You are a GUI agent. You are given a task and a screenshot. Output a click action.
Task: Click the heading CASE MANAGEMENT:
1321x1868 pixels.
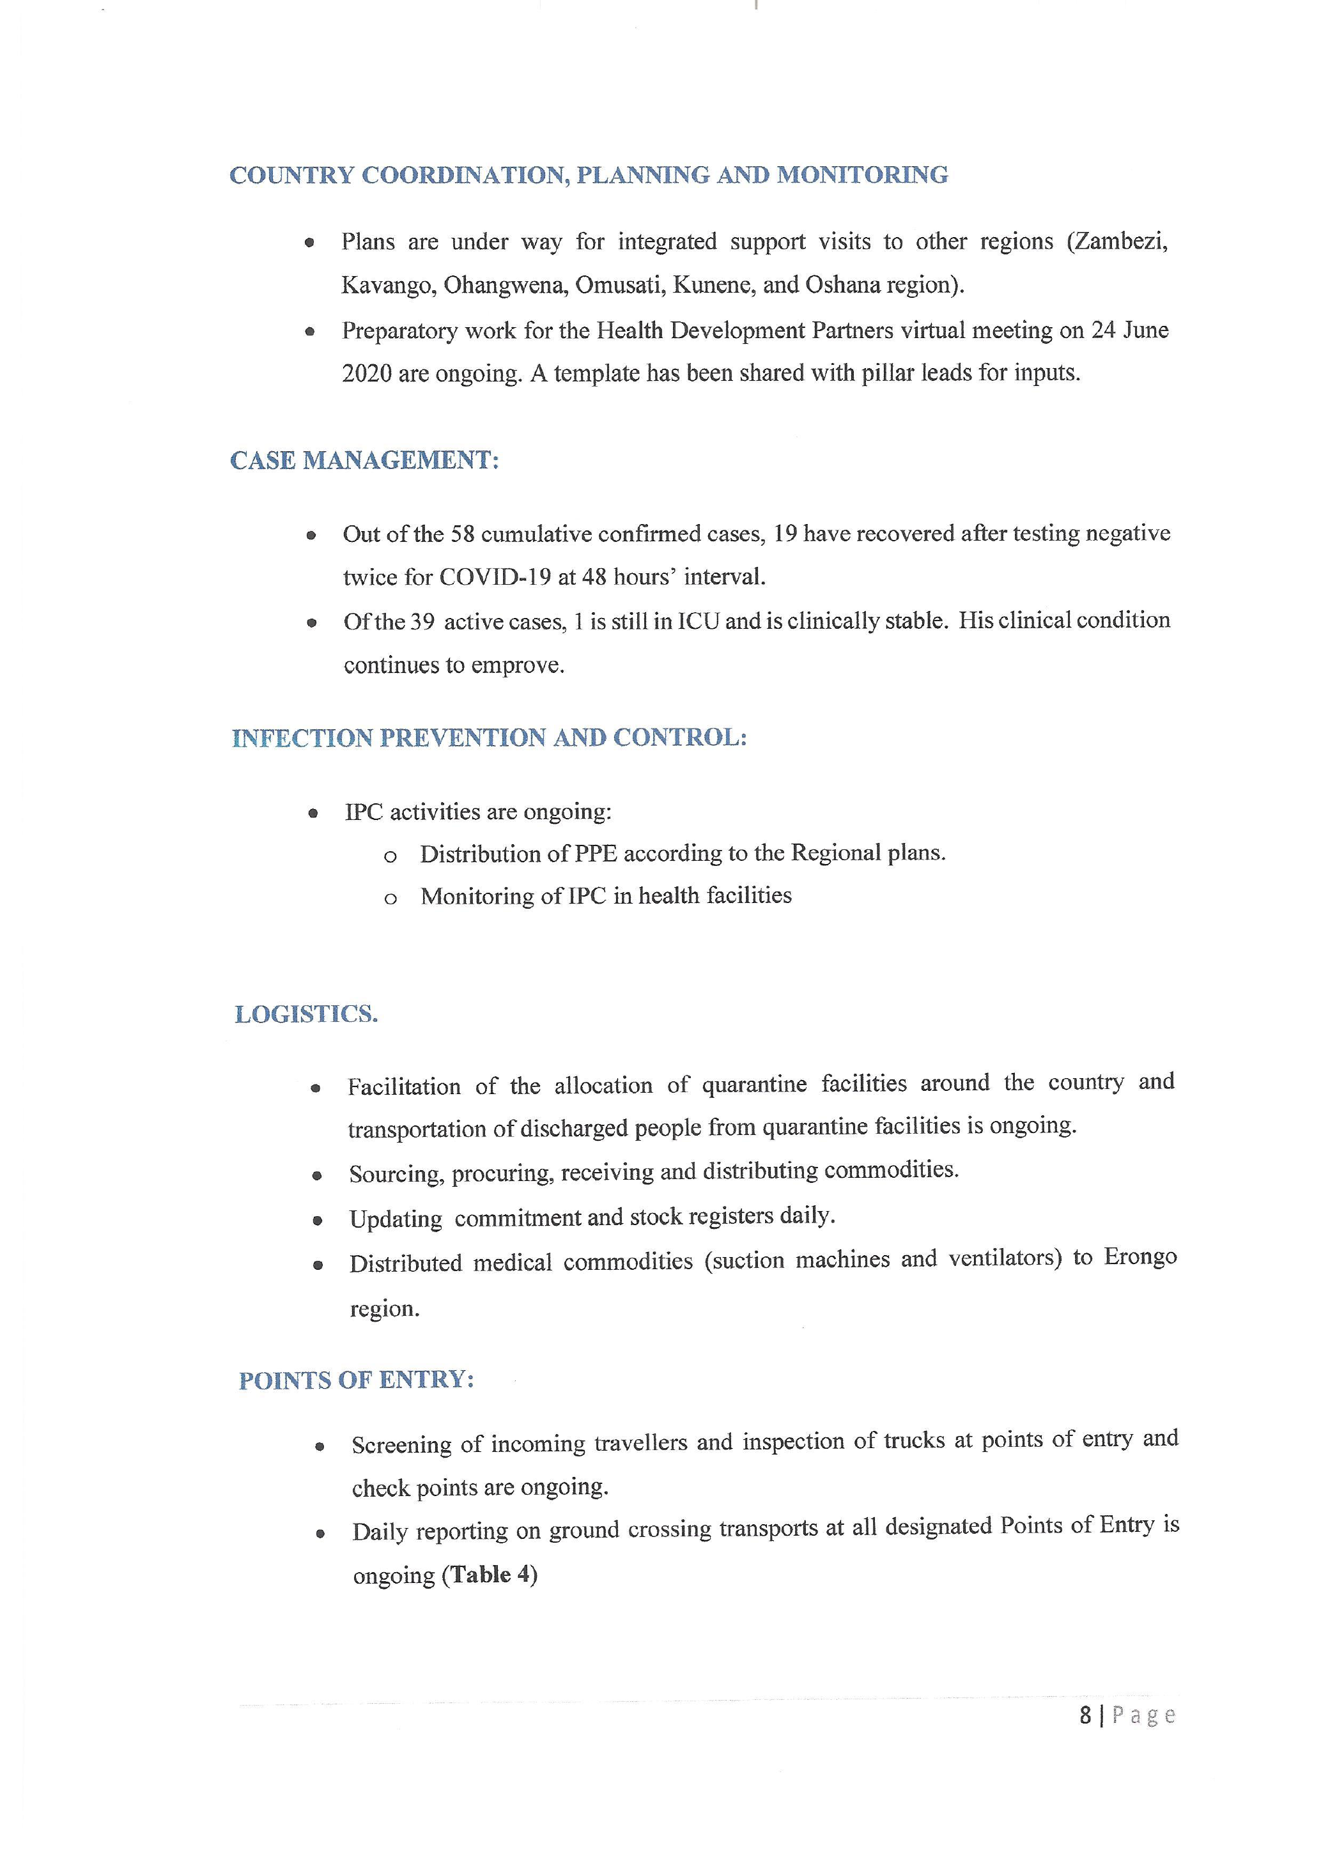tap(364, 461)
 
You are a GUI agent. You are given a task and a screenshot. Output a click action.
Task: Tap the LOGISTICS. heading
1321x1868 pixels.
tap(307, 1015)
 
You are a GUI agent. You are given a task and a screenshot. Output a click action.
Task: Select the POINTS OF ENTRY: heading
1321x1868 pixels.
tap(356, 1380)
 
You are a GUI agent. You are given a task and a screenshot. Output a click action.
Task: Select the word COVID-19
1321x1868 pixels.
tap(495, 577)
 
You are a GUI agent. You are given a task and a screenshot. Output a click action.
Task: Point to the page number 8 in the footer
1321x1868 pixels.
tap(1085, 1715)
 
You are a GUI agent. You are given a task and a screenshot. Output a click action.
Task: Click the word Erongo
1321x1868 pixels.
tap(1139, 1257)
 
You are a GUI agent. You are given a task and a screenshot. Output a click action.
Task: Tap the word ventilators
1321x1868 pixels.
tap(1005, 1258)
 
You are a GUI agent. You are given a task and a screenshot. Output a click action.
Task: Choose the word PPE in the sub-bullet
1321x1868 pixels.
tap(596, 853)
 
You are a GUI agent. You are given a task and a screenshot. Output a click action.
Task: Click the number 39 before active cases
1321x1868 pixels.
tap(422, 622)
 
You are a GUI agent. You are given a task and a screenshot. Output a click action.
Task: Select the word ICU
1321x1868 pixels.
tap(698, 621)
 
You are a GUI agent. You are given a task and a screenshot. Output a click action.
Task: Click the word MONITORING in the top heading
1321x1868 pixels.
tap(862, 175)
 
